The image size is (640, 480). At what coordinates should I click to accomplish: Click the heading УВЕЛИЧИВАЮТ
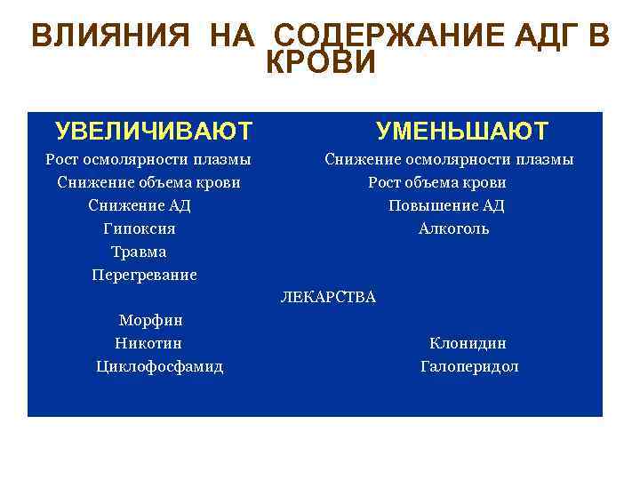pyautogui.click(x=153, y=132)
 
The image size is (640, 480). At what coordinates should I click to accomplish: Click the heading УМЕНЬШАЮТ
pyautogui.click(x=462, y=132)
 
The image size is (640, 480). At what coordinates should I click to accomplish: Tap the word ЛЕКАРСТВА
pyautogui.click(x=328, y=297)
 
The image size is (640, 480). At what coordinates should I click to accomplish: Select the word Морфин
pyautogui.click(x=150, y=320)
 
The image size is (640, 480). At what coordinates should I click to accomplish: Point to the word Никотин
pyautogui.click(x=148, y=343)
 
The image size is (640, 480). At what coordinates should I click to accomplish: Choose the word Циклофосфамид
pyautogui.click(x=160, y=366)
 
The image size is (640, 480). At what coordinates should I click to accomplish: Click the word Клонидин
pyautogui.click(x=468, y=343)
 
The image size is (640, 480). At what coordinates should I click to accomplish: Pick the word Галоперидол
pyautogui.click(x=469, y=366)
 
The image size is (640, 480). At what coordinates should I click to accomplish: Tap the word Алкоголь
pyautogui.click(x=453, y=228)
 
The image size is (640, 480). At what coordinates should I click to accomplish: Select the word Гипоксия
pyautogui.click(x=140, y=228)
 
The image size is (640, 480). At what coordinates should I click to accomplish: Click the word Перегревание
pyautogui.click(x=144, y=275)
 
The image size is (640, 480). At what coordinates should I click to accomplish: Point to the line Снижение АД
pyautogui.click(x=140, y=205)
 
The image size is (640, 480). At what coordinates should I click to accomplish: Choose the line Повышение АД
pyautogui.click(x=446, y=205)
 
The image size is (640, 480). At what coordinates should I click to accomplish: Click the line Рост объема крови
pyautogui.click(x=437, y=182)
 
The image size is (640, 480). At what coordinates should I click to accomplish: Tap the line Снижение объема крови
pyautogui.click(x=148, y=182)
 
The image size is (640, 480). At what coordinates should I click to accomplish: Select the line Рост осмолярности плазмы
pyautogui.click(x=148, y=159)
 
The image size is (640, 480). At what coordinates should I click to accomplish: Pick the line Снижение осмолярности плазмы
pyautogui.click(x=449, y=159)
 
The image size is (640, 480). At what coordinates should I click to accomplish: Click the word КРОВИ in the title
pyautogui.click(x=321, y=64)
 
